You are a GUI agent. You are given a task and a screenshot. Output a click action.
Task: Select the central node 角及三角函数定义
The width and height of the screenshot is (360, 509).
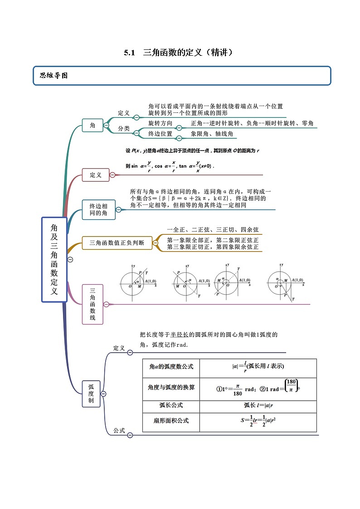pyautogui.click(x=54, y=259)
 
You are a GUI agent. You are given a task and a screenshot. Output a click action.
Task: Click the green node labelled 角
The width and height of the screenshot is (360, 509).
pyautogui.click(x=92, y=125)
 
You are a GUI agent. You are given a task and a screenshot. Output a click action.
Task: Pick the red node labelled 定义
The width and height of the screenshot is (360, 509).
pyautogui.click(x=95, y=175)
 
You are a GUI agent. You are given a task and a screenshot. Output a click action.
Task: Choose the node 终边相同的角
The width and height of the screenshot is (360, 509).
pyautogui.click(x=98, y=209)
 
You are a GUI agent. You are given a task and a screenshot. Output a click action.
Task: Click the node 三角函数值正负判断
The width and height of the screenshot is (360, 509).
pyautogui.click(x=117, y=243)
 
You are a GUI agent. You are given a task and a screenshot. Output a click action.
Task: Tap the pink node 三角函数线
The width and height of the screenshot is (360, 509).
pyautogui.click(x=92, y=304)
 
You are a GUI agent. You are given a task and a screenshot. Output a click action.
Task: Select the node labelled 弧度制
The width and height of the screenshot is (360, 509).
pyautogui.click(x=91, y=394)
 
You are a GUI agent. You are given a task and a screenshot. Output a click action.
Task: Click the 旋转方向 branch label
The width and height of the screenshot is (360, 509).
pyautogui.click(x=160, y=123)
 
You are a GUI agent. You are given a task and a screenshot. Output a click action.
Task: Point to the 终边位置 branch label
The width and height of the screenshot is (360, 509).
pyautogui.click(x=160, y=134)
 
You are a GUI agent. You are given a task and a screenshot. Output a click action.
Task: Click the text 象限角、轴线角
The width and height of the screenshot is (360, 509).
pyautogui.click(x=212, y=134)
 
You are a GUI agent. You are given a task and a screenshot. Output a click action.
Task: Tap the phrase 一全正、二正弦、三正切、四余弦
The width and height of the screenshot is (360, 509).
pyautogui.click(x=213, y=230)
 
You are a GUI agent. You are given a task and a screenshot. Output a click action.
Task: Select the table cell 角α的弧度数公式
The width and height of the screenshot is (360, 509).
pyautogui.click(x=170, y=366)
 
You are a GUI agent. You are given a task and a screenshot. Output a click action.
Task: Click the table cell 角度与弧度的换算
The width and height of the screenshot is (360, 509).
pyautogui.click(x=171, y=388)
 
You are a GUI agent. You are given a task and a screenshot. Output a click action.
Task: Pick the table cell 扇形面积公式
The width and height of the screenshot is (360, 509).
pyautogui.click(x=171, y=421)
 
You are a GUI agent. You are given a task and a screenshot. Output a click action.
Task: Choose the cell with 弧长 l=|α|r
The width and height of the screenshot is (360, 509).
pyautogui.click(x=258, y=405)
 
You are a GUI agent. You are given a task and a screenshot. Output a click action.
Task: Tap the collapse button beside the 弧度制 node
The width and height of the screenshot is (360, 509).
pyautogui.click(x=103, y=394)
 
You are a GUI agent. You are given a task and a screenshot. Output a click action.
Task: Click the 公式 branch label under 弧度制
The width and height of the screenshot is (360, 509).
pyautogui.click(x=119, y=431)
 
